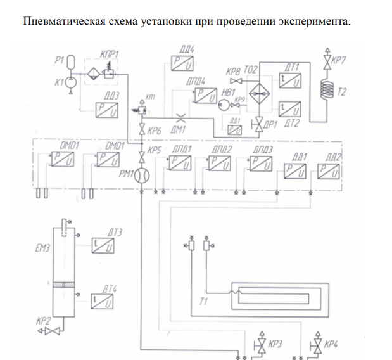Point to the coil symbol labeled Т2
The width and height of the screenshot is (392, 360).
tap(327, 86)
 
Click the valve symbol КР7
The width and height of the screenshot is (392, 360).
tap(327, 61)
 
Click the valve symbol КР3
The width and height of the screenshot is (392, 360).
tap(260, 345)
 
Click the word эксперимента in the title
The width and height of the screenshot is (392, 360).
tap(313, 21)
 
